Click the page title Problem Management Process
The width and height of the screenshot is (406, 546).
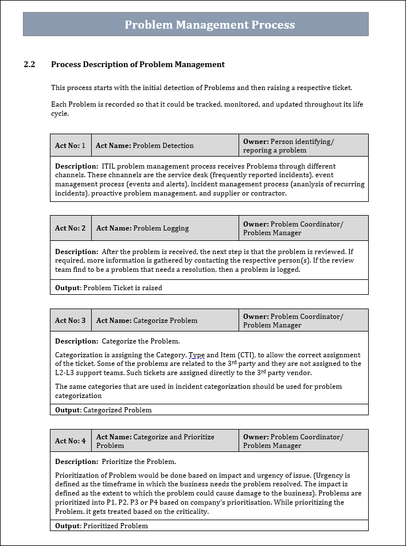click(x=209, y=25)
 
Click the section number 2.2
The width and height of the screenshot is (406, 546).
click(x=30, y=65)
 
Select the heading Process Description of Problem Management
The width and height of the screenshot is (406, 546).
click(x=138, y=65)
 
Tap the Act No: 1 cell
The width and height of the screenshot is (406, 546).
click(x=70, y=146)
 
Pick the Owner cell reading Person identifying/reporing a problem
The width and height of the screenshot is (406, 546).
click(x=303, y=146)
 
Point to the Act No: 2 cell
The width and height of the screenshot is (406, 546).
click(x=70, y=228)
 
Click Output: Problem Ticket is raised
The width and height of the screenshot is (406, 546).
click(x=109, y=288)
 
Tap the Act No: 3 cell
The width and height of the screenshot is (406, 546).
click(x=70, y=321)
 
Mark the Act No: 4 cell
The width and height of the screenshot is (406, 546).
click(x=70, y=441)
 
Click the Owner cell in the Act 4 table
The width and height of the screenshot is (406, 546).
click(x=303, y=441)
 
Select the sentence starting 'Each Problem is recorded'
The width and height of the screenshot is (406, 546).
click(x=206, y=109)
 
